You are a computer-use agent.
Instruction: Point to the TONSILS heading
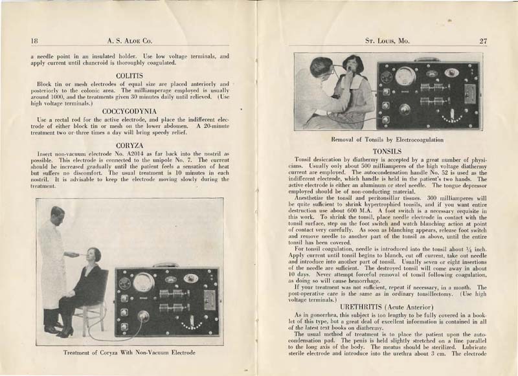[x=388, y=151]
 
